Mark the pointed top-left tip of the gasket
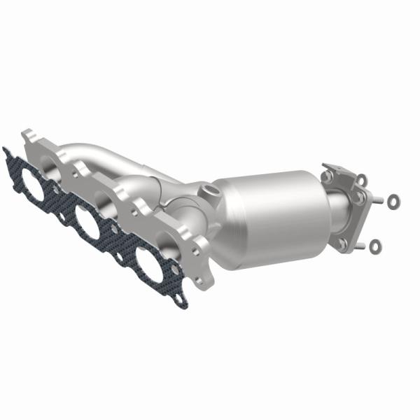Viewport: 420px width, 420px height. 6,150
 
